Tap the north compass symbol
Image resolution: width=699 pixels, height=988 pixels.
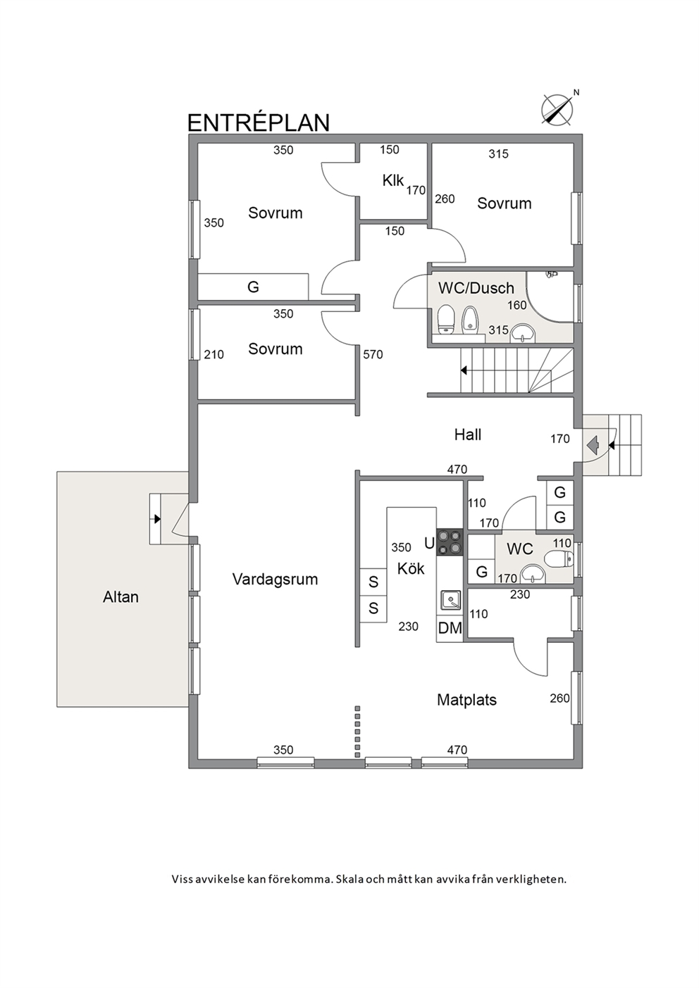click(x=558, y=108)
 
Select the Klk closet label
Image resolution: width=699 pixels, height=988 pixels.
click(x=392, y=180)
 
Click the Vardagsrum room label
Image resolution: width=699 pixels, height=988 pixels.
click(x=275, y=579)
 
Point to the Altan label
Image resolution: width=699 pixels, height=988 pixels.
click(x=120, y=596)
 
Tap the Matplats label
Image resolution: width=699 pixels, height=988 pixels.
click(x=467, y=699)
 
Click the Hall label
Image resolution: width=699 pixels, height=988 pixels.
click(x=468, y=434)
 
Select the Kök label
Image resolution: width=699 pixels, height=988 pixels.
click(x=411, y=568)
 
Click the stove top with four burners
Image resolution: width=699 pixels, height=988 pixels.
click(x=450, y=542)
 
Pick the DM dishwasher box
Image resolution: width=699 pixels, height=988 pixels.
click(x=450, y=628)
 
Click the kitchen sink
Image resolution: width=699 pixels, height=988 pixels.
click(x=450, y=601)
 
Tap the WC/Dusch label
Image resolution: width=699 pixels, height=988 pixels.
click(x=476, y=288)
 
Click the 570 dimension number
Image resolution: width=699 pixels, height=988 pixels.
click(x=373, y=354)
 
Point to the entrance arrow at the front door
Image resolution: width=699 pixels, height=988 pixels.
click(x=592, y=442)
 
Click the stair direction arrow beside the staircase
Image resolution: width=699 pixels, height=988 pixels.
click(x=464, y=370)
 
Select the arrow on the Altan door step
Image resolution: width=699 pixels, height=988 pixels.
click(x=156, y=519)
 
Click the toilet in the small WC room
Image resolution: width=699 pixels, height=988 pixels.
click(x=559, y=559)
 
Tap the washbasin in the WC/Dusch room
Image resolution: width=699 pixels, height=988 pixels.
click(x=522, y=334)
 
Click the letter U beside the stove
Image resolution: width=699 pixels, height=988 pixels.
click(x=429, y=544)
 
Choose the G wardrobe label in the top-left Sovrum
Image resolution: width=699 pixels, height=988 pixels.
click(x=253, y=287)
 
